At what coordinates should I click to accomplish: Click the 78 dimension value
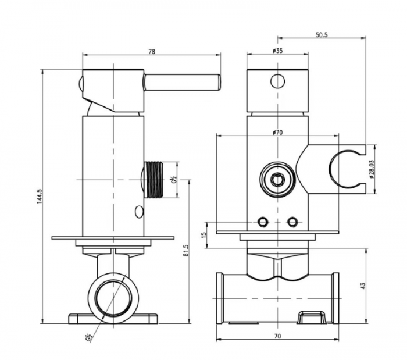click(x=152, y=52)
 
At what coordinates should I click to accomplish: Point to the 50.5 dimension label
click(x=322, y=35)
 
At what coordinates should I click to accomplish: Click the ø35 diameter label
click(x=277, y=51)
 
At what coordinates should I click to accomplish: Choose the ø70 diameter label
click(x=277, y=132)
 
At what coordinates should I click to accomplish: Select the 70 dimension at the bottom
click(x=277, y=336)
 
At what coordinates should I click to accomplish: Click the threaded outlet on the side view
click(x=155, y=180)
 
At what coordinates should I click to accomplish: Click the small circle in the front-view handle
click(x=277, y=81)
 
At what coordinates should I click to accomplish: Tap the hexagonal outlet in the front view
click(x=277, y=180)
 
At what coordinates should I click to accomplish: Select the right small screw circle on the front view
click(x=292, y=222)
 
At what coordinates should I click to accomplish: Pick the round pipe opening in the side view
click(x=113, y=295)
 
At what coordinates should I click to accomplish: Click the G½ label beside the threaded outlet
click(x=173, y=180)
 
